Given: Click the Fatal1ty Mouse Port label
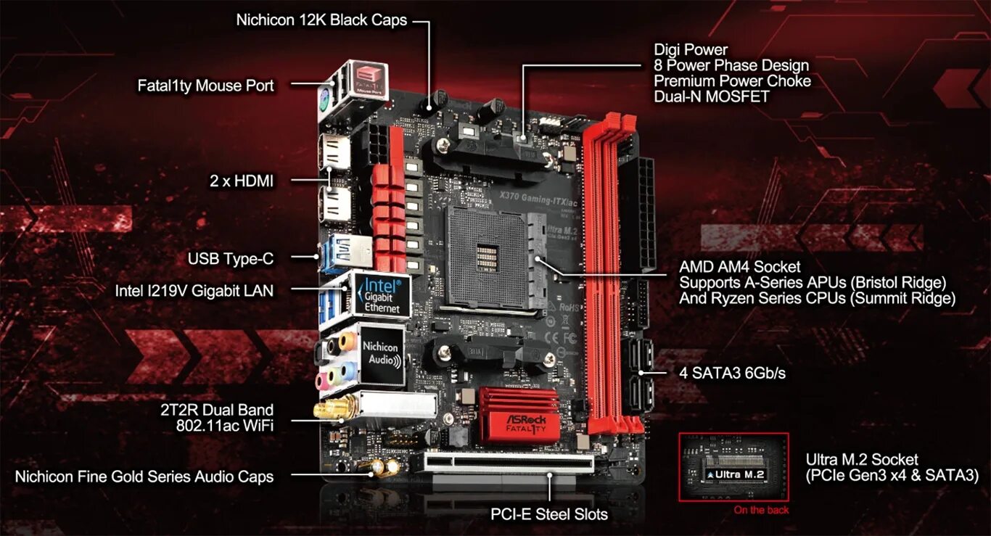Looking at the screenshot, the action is (205, 86).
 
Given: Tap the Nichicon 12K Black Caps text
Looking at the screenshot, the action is (322, 20).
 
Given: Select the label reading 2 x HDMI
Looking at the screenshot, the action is (242, 181).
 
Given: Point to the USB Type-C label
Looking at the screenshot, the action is (230, 258).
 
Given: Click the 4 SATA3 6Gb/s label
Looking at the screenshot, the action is (732, 373).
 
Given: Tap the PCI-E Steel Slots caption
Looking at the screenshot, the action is (549, 514).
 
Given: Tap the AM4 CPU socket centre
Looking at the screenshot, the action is (488, 256).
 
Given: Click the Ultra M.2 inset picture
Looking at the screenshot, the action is (733, 467).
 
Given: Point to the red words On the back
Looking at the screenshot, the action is (761, 510).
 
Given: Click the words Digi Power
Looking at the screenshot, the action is (690, 50).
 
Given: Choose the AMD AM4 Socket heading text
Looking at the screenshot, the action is (740, 266).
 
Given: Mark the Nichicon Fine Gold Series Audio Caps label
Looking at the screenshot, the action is (144, 477).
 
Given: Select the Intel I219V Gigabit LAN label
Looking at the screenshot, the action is (194, 291).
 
